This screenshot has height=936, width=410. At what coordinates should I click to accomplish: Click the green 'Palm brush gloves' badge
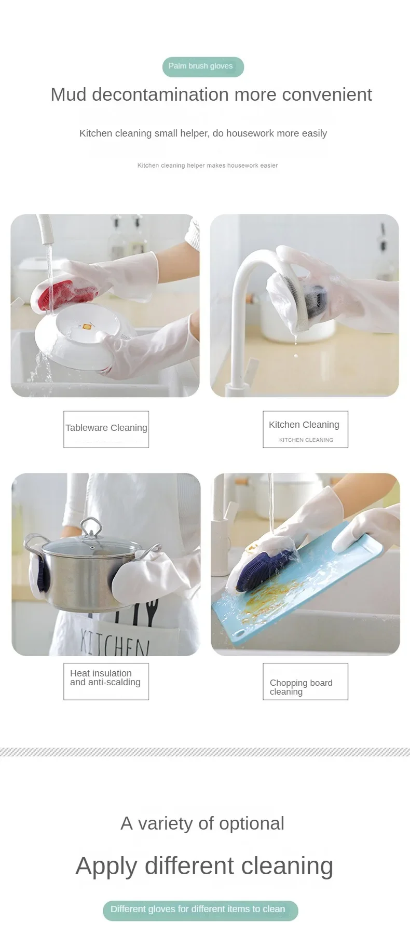point(203,66)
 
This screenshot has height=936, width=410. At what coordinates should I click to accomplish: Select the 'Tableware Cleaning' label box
point(106,429)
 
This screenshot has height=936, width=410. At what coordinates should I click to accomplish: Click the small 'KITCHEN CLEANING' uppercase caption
point(306,440)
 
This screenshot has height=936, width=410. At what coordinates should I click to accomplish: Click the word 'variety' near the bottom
point(166,823)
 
